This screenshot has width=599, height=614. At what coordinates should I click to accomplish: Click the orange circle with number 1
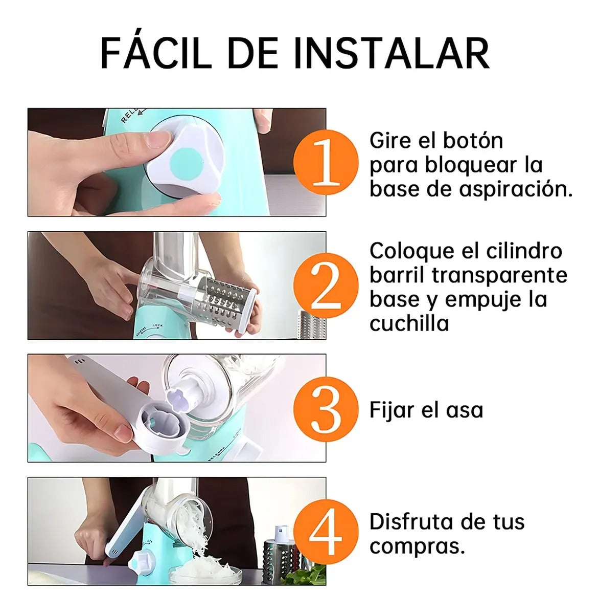pyautogui.click(x=326, y=162)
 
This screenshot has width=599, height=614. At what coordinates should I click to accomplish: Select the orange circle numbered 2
pyautogui.click(x=326, y=286)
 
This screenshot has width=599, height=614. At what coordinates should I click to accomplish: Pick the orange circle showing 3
pyautogui.click(x=326, y=409)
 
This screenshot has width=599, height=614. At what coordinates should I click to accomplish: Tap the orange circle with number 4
pyautogui.click(x=326, y=532)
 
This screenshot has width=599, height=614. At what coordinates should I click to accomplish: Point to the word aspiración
pyautogui.click(x=515, y=190)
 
